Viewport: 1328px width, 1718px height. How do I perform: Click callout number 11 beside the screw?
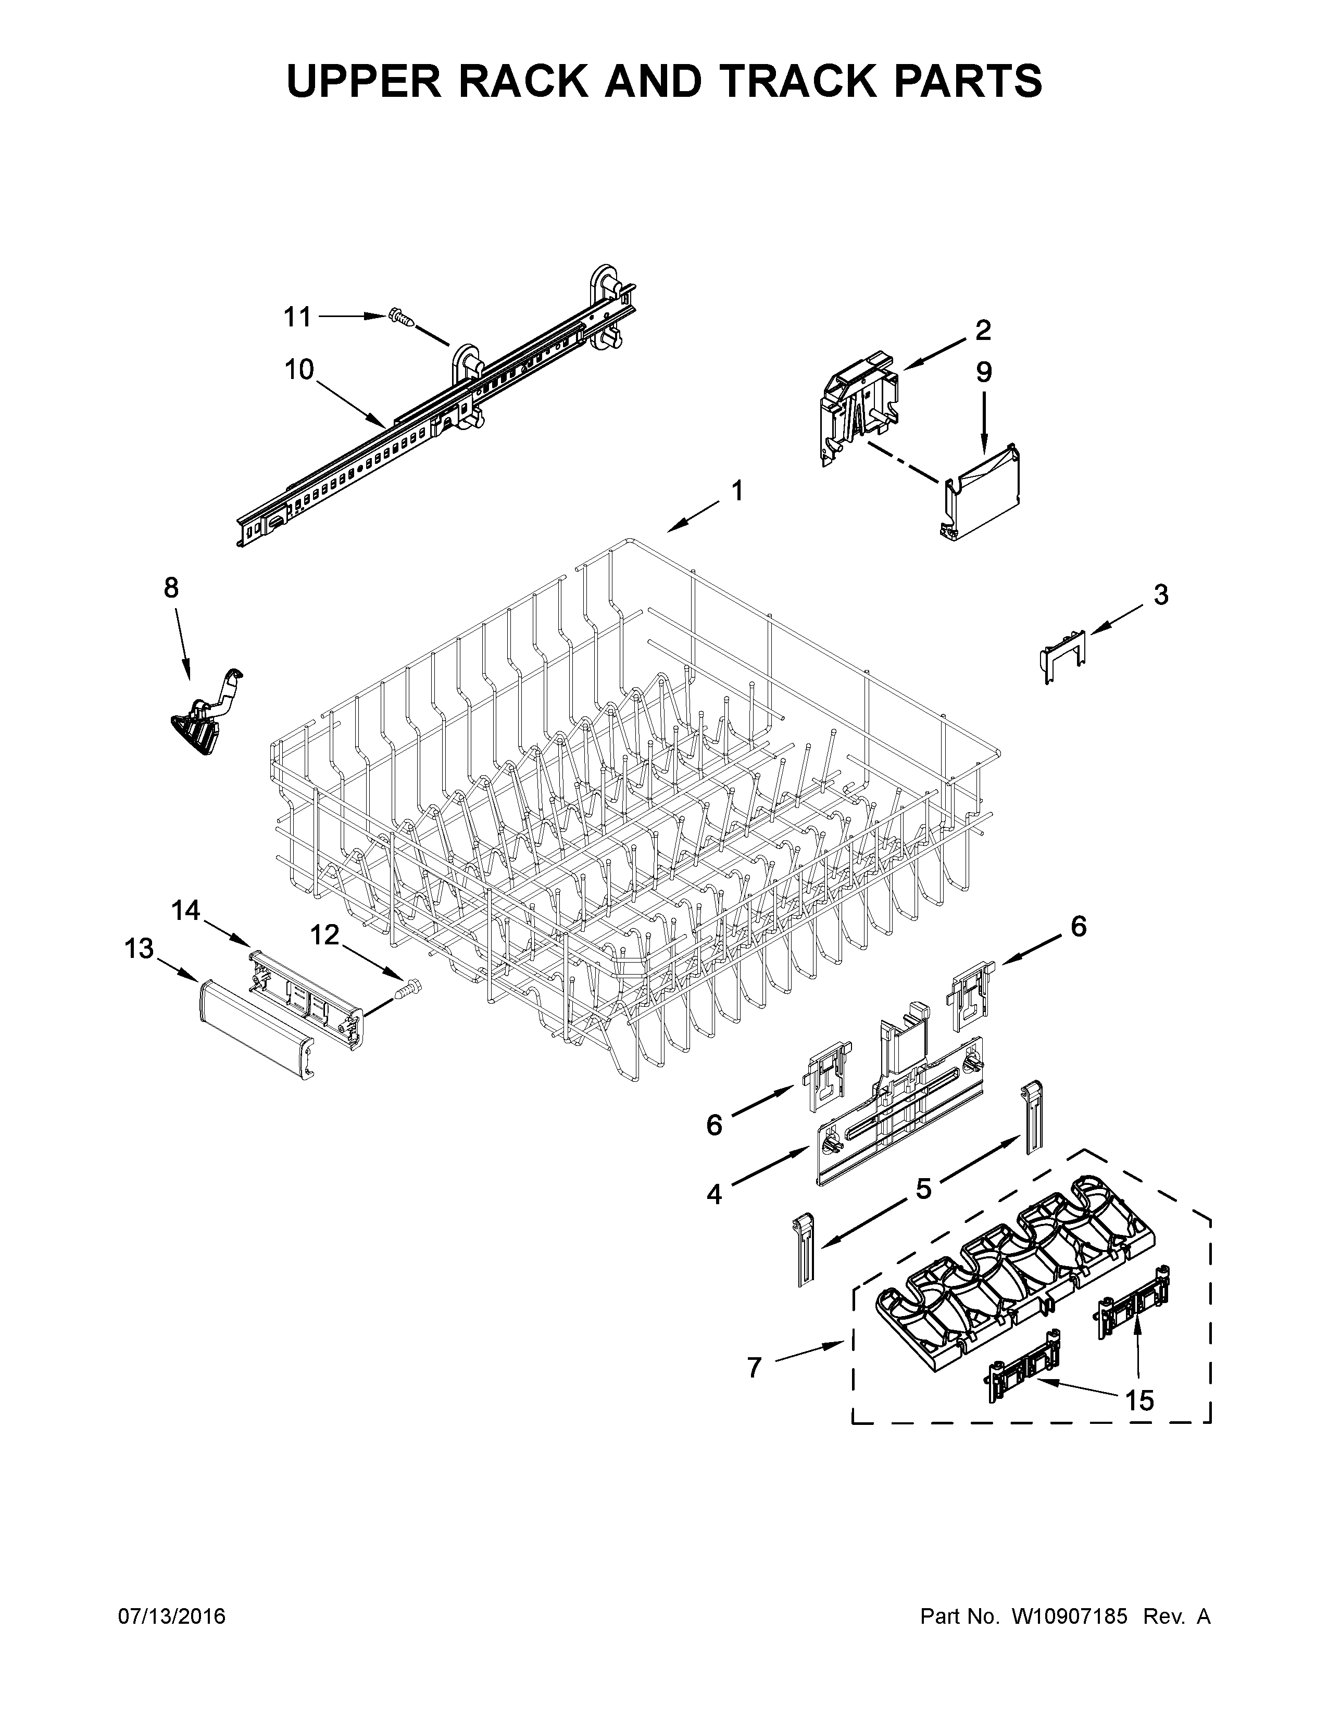point(297,317)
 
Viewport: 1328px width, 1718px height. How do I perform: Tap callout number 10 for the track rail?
point(299,369)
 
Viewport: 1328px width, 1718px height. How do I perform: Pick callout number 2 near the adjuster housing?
point(983,331)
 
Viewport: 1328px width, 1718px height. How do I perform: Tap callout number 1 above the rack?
point(736,491)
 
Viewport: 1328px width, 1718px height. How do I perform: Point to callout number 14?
point(186,911)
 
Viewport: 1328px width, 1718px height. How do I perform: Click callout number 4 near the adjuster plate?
point(713,1194)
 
